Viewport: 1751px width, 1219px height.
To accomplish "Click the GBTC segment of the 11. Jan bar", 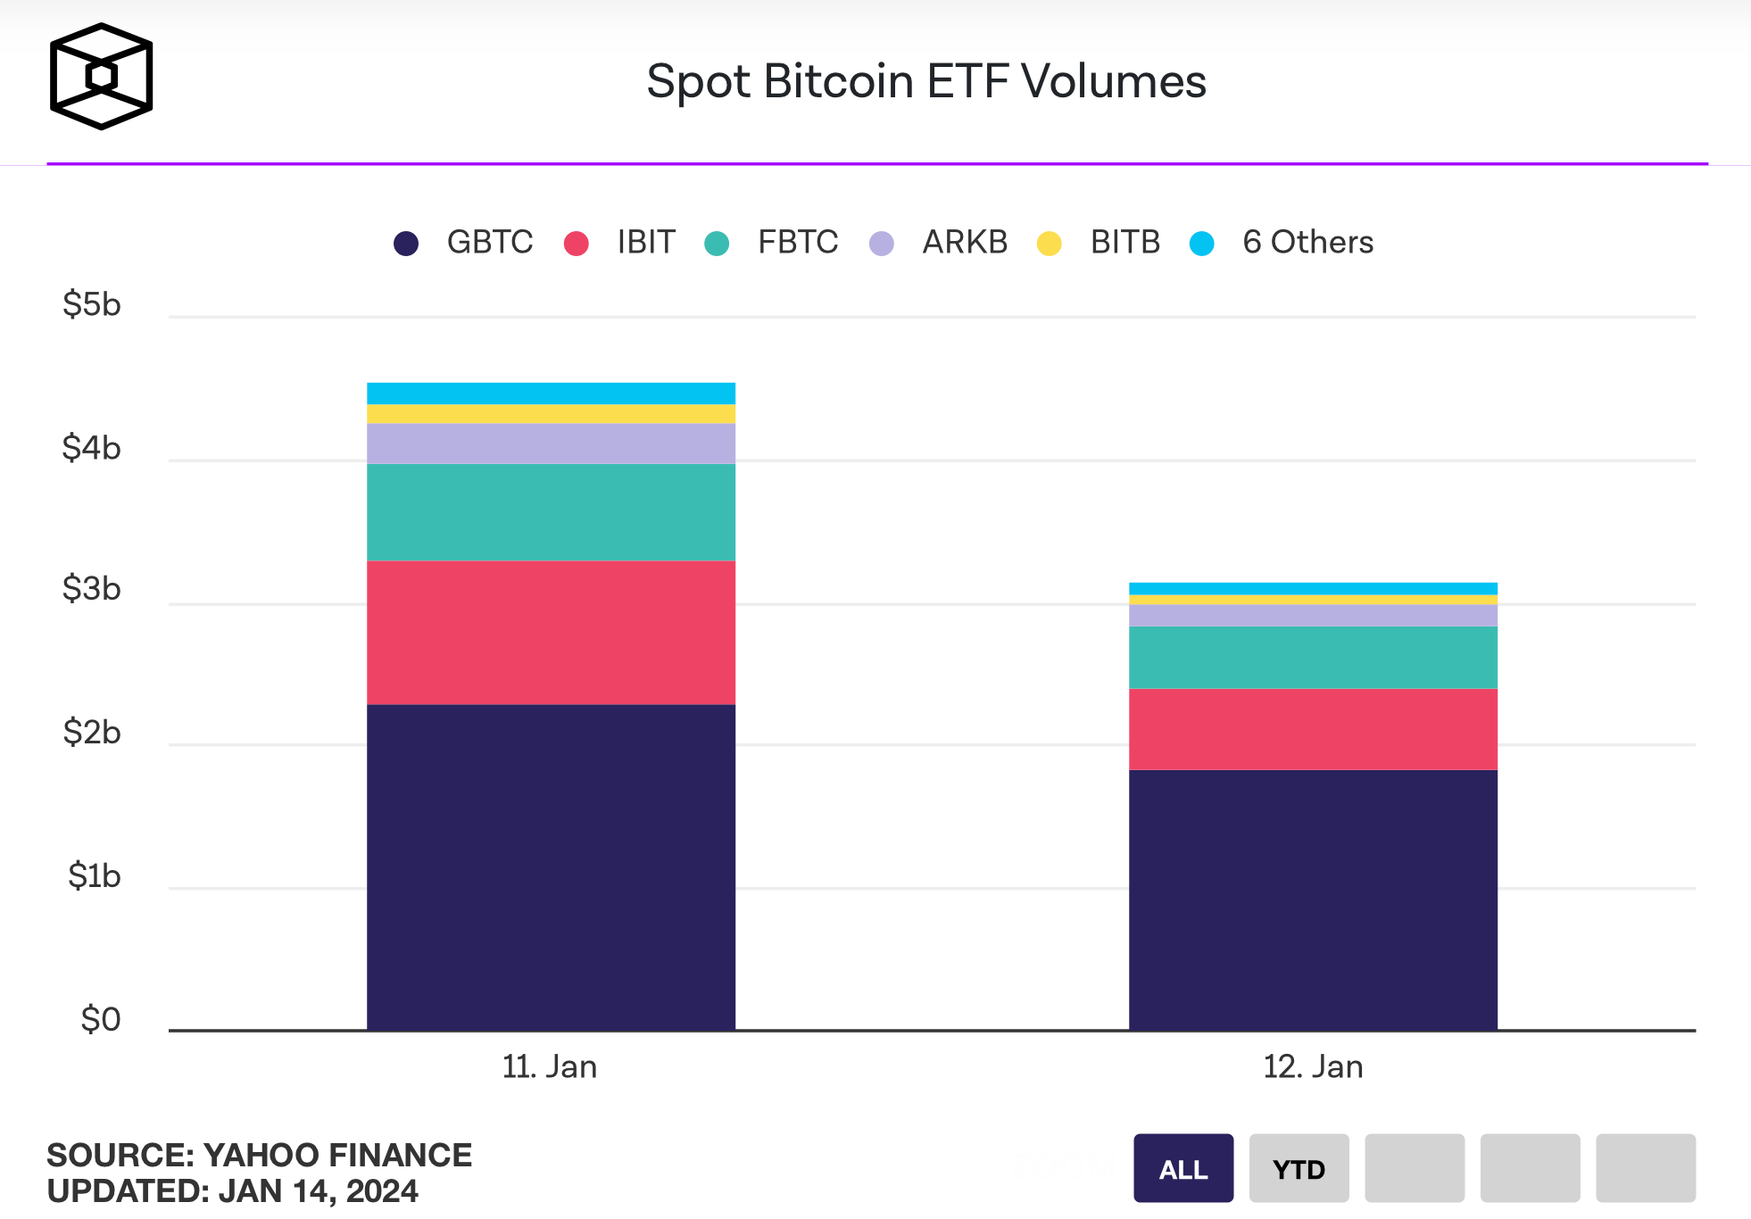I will click(x=551, y=867).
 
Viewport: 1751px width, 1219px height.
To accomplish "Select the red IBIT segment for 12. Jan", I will click(x=1313, y=728).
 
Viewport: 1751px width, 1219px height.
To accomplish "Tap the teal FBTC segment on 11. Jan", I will click(x=551, y=511).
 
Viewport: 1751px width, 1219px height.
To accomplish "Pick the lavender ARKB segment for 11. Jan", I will click(x=551, y=443).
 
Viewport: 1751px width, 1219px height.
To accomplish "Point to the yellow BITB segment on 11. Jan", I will click(x=551, y=413).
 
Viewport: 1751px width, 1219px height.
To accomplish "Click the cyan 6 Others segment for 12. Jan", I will click(x=1313, y=588).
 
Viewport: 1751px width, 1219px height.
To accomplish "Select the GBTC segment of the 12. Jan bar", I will click(x=1313, y=900).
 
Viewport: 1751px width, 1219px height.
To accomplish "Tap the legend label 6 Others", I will click(x=1307, y=242).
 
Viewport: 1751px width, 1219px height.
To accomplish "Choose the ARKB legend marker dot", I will click(x=882, y=244).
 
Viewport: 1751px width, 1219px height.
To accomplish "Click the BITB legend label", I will click(x=1124, y=242).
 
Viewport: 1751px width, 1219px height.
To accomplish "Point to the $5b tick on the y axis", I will click(x=91, y=304).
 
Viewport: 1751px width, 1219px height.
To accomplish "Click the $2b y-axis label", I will click(x=91, y=732).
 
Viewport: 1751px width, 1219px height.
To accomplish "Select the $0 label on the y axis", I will click(x=100, y=1019).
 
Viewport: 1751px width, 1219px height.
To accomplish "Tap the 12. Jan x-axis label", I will click(x=1313, y=1066).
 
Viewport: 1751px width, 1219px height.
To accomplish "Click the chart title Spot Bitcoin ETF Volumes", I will click(x=925, y=81).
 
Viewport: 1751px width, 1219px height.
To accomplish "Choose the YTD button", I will click(x=1299, y=1168).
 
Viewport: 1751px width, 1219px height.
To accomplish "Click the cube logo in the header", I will click(x=101, y=77).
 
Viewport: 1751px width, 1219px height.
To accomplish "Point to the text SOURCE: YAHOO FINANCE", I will click(x=259, y=1155).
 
